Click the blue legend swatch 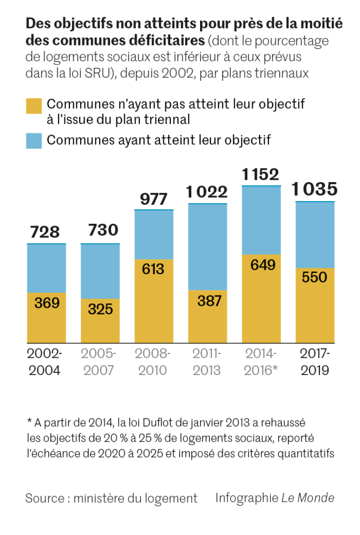(x=34, y=140)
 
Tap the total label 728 (x=45, y=232)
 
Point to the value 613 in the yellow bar (x=153, y=269)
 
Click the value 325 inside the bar (x=100, y=308)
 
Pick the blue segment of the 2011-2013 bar (x=207, y=247)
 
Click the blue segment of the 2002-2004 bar (x=47, y=268)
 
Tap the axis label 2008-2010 (x=153, y=362)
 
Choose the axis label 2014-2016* (x=261, y=362)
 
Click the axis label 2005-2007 (x=100, y=362)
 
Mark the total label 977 (x=153, y=199)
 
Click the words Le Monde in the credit (x=307, y=498)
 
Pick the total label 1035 (x=314, y=189)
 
